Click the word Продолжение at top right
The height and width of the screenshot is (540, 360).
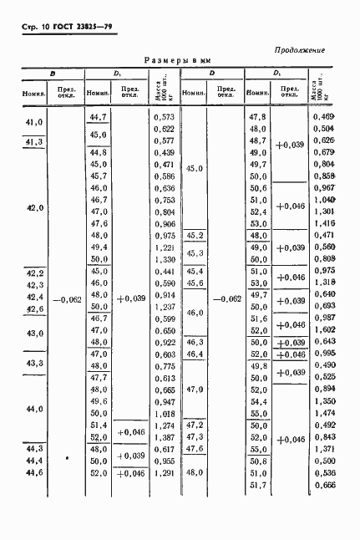point(299,50)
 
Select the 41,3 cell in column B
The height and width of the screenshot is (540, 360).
point(34,142)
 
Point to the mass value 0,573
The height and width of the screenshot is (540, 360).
point(164,118)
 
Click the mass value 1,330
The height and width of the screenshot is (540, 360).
point(164,260)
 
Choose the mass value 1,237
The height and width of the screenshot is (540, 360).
point(164,308)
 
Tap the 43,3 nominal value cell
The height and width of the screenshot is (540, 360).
point(34,364)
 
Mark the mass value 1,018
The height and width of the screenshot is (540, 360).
point(164,414)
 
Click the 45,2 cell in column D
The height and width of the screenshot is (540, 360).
point(195,237)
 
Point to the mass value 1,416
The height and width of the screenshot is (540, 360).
point(322,224)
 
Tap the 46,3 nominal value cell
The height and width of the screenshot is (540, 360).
point(195,343)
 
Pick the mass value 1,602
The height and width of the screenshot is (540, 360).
point(322,330)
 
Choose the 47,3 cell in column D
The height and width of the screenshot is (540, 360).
point(195,436)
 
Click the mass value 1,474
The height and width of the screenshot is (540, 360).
point(322,414)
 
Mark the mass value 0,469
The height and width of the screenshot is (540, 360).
point(322,117)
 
